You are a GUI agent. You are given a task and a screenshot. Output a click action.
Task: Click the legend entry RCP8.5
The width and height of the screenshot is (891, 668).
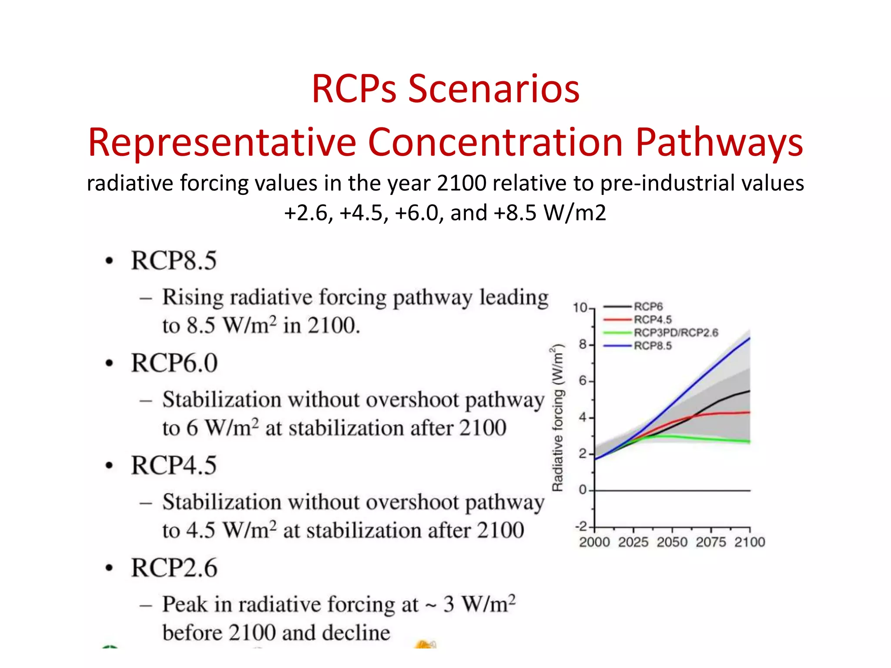[x=652, y=346]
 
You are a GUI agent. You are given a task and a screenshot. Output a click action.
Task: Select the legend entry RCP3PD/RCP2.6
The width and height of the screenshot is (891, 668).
[x=676, y=333]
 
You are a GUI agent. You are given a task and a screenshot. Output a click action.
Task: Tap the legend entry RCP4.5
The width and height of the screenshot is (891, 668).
[x=652, y=320]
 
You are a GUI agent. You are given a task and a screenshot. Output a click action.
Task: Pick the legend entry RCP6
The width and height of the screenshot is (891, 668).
[x=648, y=307]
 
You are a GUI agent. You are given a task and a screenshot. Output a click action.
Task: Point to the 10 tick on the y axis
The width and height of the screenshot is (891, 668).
[x=580, y=308]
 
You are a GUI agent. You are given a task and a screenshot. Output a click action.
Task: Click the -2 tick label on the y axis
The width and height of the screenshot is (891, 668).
[x=581, y=527]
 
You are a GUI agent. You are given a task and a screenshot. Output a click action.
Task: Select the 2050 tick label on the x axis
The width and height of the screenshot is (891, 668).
[x=672, y=542]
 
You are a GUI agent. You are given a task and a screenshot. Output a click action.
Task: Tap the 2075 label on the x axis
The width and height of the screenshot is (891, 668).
[x=711, y=542]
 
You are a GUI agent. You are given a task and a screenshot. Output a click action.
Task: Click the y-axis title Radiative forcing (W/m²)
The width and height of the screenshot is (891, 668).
[x=558, y=417]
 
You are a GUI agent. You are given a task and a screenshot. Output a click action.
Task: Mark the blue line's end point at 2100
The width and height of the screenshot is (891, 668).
[x=749, y=338]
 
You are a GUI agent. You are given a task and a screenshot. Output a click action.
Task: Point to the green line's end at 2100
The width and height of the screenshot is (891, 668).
[x=749, y=441]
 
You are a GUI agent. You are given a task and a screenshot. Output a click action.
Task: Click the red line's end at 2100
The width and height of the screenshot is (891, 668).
[x=749, y=412]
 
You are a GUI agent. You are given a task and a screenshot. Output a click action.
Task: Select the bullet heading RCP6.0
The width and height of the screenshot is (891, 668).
[x=174, y=363]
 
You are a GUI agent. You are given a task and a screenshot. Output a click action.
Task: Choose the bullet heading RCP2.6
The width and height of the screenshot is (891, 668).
[x=174, y=568]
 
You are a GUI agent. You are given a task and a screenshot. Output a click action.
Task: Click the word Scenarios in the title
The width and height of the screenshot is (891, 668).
[x=493, y=89]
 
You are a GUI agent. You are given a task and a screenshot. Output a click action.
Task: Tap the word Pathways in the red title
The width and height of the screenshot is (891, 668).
[x=719, y=142]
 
